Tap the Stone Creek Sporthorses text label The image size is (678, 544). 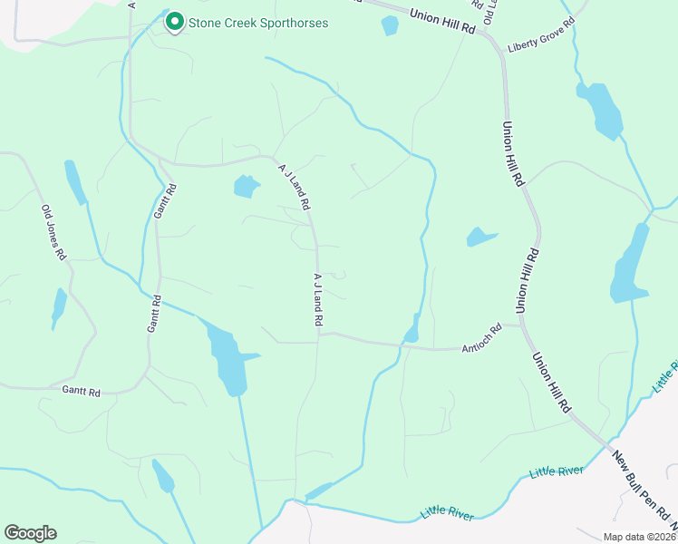(257, 23)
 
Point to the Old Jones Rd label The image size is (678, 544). (53, 233)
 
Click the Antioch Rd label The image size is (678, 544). (481, 340)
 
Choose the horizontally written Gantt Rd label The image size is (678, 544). (81, 390)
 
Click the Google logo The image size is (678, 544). (30, 532)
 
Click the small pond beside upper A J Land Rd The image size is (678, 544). (245, 187)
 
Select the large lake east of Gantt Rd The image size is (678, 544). (227, 358)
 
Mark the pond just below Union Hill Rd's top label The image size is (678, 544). (390, 25)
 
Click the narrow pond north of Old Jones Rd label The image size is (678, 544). (74, 181)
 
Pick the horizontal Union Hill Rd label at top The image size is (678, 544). (442, 21)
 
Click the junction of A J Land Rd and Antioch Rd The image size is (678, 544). (318, 335)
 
